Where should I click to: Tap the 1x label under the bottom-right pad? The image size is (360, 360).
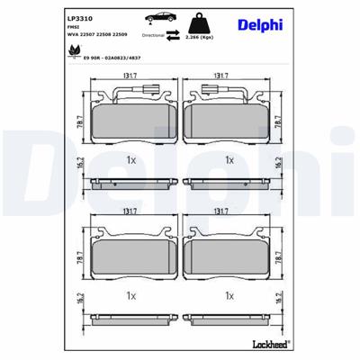click(x=229, y=294)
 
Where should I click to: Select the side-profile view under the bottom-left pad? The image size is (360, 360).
click(x=130, y=319)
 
